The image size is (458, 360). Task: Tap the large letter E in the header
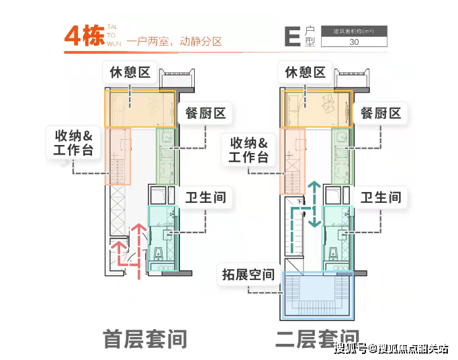tap(292, 37)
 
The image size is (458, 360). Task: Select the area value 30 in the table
tap(354, 42)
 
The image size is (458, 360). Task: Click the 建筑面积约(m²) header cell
tap(354, 30)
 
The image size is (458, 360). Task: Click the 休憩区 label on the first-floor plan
tap(130, 72)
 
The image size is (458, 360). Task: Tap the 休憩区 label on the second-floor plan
tap(306, 72)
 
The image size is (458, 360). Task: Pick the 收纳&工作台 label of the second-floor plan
tap(248, 150)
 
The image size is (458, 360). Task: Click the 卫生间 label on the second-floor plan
tap(381, 197)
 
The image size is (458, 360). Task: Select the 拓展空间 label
tap(248, 274)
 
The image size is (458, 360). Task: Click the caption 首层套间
tap(144, 339)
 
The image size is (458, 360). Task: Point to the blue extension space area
tap(318, 296)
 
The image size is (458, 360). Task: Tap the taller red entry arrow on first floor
tap(139, 249)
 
